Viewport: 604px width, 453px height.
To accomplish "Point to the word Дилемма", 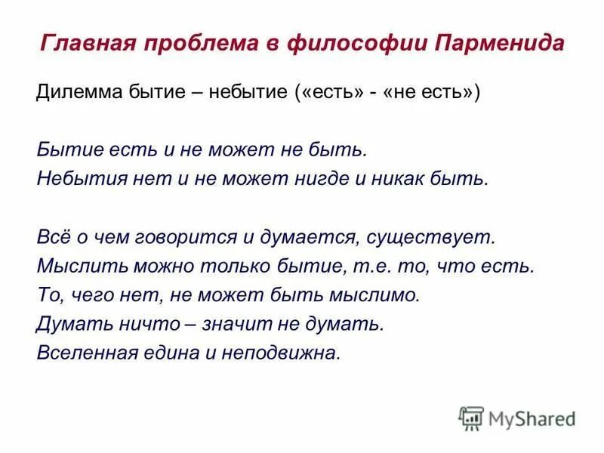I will tap(74, 93).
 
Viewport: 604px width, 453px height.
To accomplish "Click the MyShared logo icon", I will tap(471, 418).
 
